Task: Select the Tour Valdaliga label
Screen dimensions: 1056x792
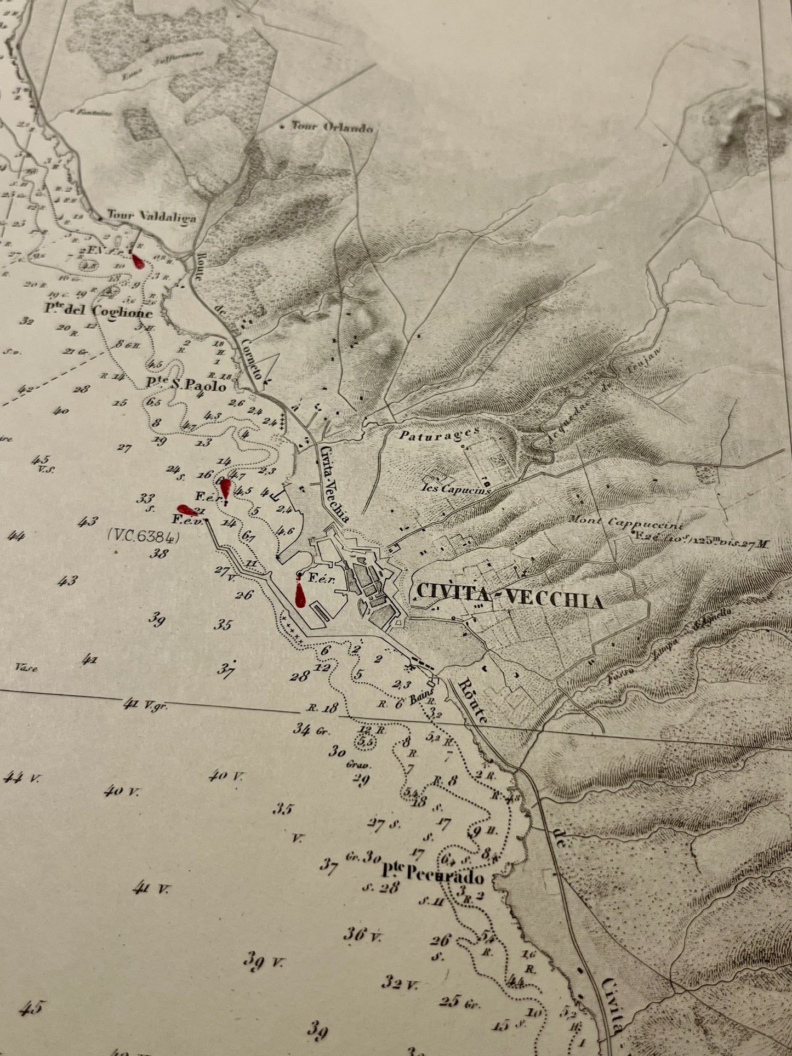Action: pyautogui.click(x=151, y=217)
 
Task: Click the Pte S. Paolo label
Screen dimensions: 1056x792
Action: pyautogui.click(x=186, y=385)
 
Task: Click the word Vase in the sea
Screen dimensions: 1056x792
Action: pyautogui.click(x=26, y=668)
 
